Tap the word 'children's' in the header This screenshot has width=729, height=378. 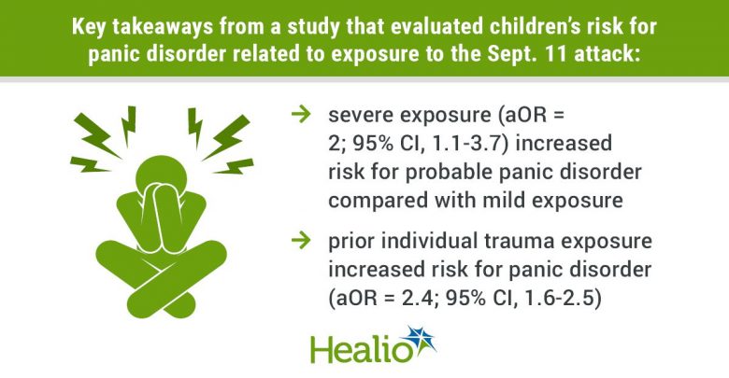517,26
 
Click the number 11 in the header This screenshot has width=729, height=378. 561,54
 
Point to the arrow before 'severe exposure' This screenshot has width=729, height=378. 301,113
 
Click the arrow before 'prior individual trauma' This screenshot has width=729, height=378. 301,240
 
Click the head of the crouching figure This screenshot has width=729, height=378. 161,175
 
